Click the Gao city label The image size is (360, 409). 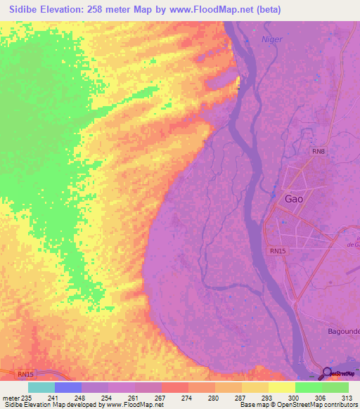coord(294,199)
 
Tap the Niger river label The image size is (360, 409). coord(271,39)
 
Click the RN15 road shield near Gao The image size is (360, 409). coord(278,251)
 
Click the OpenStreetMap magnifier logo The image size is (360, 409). coord(327,373)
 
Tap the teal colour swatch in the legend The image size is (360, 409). coord(41,387)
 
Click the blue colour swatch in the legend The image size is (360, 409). coord(68,387)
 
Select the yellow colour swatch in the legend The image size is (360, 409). coord(281,387)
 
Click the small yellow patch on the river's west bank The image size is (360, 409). coord(239,83)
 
